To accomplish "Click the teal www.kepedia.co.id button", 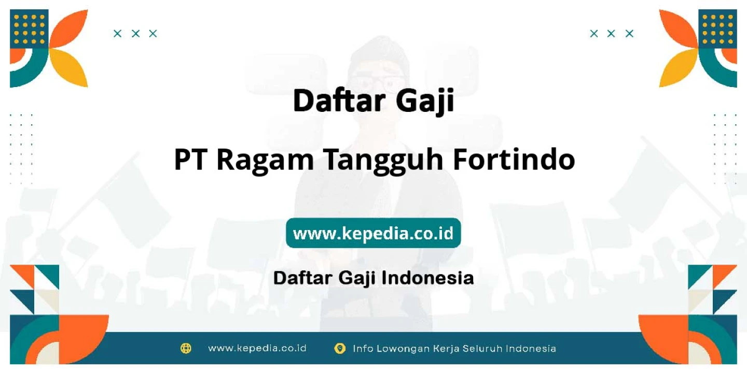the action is tap(373, 233).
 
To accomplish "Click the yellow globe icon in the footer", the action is tap(186, 348).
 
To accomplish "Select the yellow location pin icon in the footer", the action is tap(340, 348).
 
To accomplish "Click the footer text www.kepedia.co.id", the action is tap(257, 348).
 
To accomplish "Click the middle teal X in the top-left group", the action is tap(135, 34).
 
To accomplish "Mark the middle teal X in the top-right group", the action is tap(611, 34).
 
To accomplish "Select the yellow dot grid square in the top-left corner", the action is tap(29, 29).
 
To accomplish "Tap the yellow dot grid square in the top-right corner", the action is tap(717, 29).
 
